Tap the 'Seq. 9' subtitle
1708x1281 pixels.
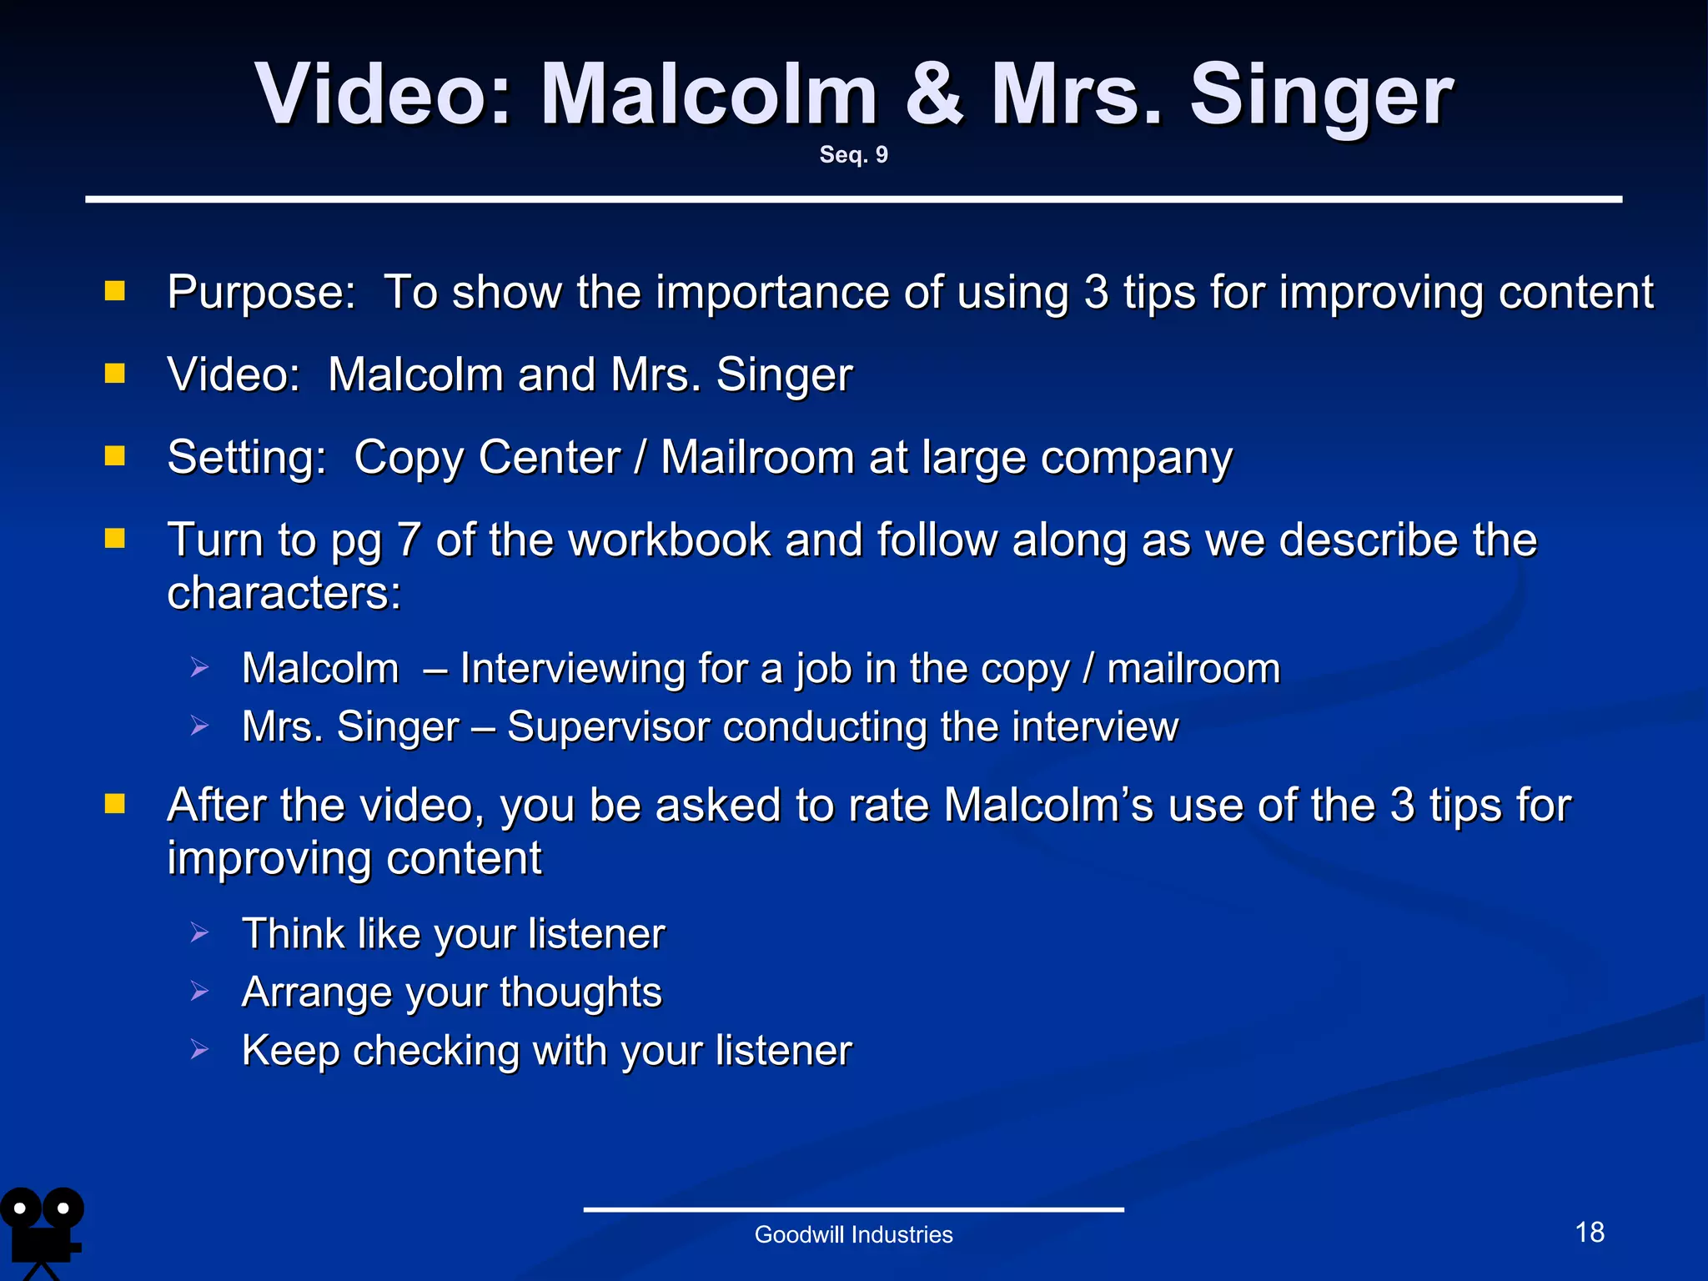[853, 154]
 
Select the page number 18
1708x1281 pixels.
[1590, 1232]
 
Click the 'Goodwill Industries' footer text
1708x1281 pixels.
[853, 1234]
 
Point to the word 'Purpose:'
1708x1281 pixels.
[261, 293]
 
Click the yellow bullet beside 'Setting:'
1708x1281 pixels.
[115, 455]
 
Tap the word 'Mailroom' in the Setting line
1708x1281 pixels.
[757, 458]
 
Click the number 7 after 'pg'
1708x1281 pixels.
[409, 540]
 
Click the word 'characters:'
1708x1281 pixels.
[284, 593]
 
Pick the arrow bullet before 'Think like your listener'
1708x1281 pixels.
[198, 932]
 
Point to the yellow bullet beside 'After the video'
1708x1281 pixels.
[115, 803]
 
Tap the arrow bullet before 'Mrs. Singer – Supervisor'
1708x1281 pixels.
[198, 726]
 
